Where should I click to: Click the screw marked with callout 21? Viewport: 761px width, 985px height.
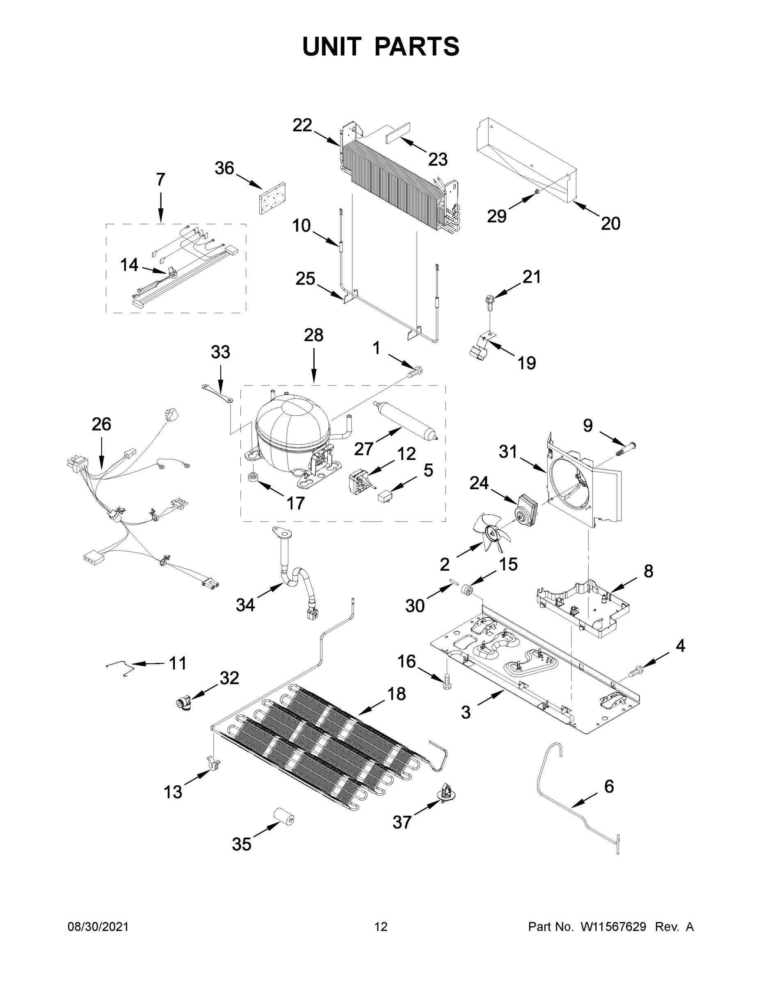pos(489,301)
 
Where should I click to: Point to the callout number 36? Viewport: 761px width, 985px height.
pos(224,168)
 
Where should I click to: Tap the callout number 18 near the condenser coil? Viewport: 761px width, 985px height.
pos(396,694)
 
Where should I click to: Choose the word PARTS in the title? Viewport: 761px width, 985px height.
pos(416,46)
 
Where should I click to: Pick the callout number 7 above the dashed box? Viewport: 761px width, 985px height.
pos(160,179)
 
